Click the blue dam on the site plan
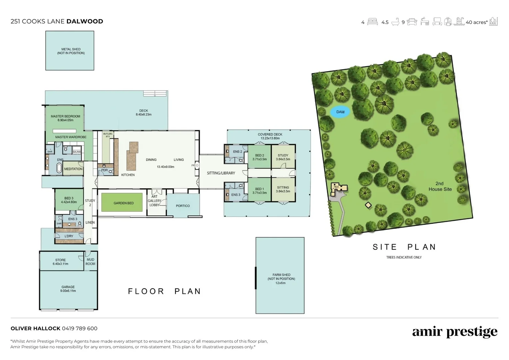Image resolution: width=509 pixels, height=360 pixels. (340, 112)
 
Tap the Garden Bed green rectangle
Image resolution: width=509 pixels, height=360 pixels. (123, 203)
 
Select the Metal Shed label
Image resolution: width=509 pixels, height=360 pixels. (71, 51)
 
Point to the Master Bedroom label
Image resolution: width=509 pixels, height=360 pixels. (65, 118)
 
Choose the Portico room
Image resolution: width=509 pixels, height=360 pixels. (183, 206)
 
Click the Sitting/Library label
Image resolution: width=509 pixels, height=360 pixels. (221, 173)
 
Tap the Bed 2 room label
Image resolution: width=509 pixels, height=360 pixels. (259, 157)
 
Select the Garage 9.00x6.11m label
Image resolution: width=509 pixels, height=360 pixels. (68, 289)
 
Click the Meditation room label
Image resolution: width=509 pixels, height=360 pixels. (73, 169)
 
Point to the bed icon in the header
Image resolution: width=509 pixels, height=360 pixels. (372, 22)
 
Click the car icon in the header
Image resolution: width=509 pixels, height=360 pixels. (412, 22)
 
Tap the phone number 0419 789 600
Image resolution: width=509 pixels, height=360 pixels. (80, 328)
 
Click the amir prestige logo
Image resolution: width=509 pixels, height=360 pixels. (454, 332)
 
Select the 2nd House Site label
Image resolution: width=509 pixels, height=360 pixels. (440, 186)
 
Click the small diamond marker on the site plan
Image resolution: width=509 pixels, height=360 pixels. (368, 205)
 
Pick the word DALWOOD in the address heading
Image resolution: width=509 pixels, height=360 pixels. (85, 21)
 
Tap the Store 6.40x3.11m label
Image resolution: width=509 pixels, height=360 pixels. (60, 262)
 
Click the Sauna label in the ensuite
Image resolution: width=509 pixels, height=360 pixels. (77, 152)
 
